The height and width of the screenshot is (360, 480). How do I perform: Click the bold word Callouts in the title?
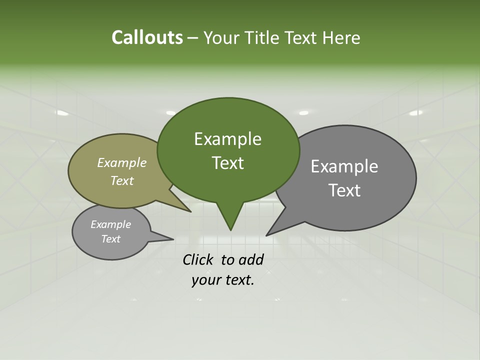click(147, 37)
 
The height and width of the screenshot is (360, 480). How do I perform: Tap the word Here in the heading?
click(342, 37)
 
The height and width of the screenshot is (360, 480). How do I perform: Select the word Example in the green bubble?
click(227, 139)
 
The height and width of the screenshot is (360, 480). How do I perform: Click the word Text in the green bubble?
click(227, 163)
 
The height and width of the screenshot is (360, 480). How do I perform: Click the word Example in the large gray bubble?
click(344, 166)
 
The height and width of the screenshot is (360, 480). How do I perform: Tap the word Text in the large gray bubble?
click(344, 190)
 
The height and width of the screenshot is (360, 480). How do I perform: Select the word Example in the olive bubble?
click(122, 163)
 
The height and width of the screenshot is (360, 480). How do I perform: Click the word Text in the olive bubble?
click(122, 181)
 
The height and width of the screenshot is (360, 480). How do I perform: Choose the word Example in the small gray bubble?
click(110, 224)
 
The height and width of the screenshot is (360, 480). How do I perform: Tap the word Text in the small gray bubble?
click(110, 239)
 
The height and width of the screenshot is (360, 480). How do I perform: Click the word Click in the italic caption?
click(198, 259)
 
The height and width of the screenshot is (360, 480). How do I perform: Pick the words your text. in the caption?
click(223, 280)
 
